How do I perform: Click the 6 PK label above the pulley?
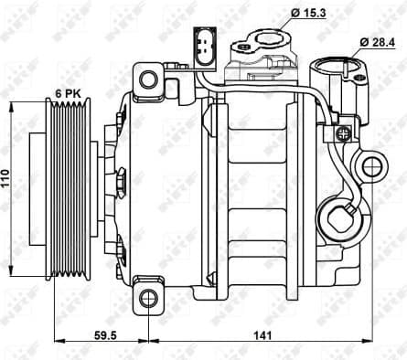pos(68,94)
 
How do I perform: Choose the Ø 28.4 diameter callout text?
pos(375,43)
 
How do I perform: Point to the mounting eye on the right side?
pos(371,165)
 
